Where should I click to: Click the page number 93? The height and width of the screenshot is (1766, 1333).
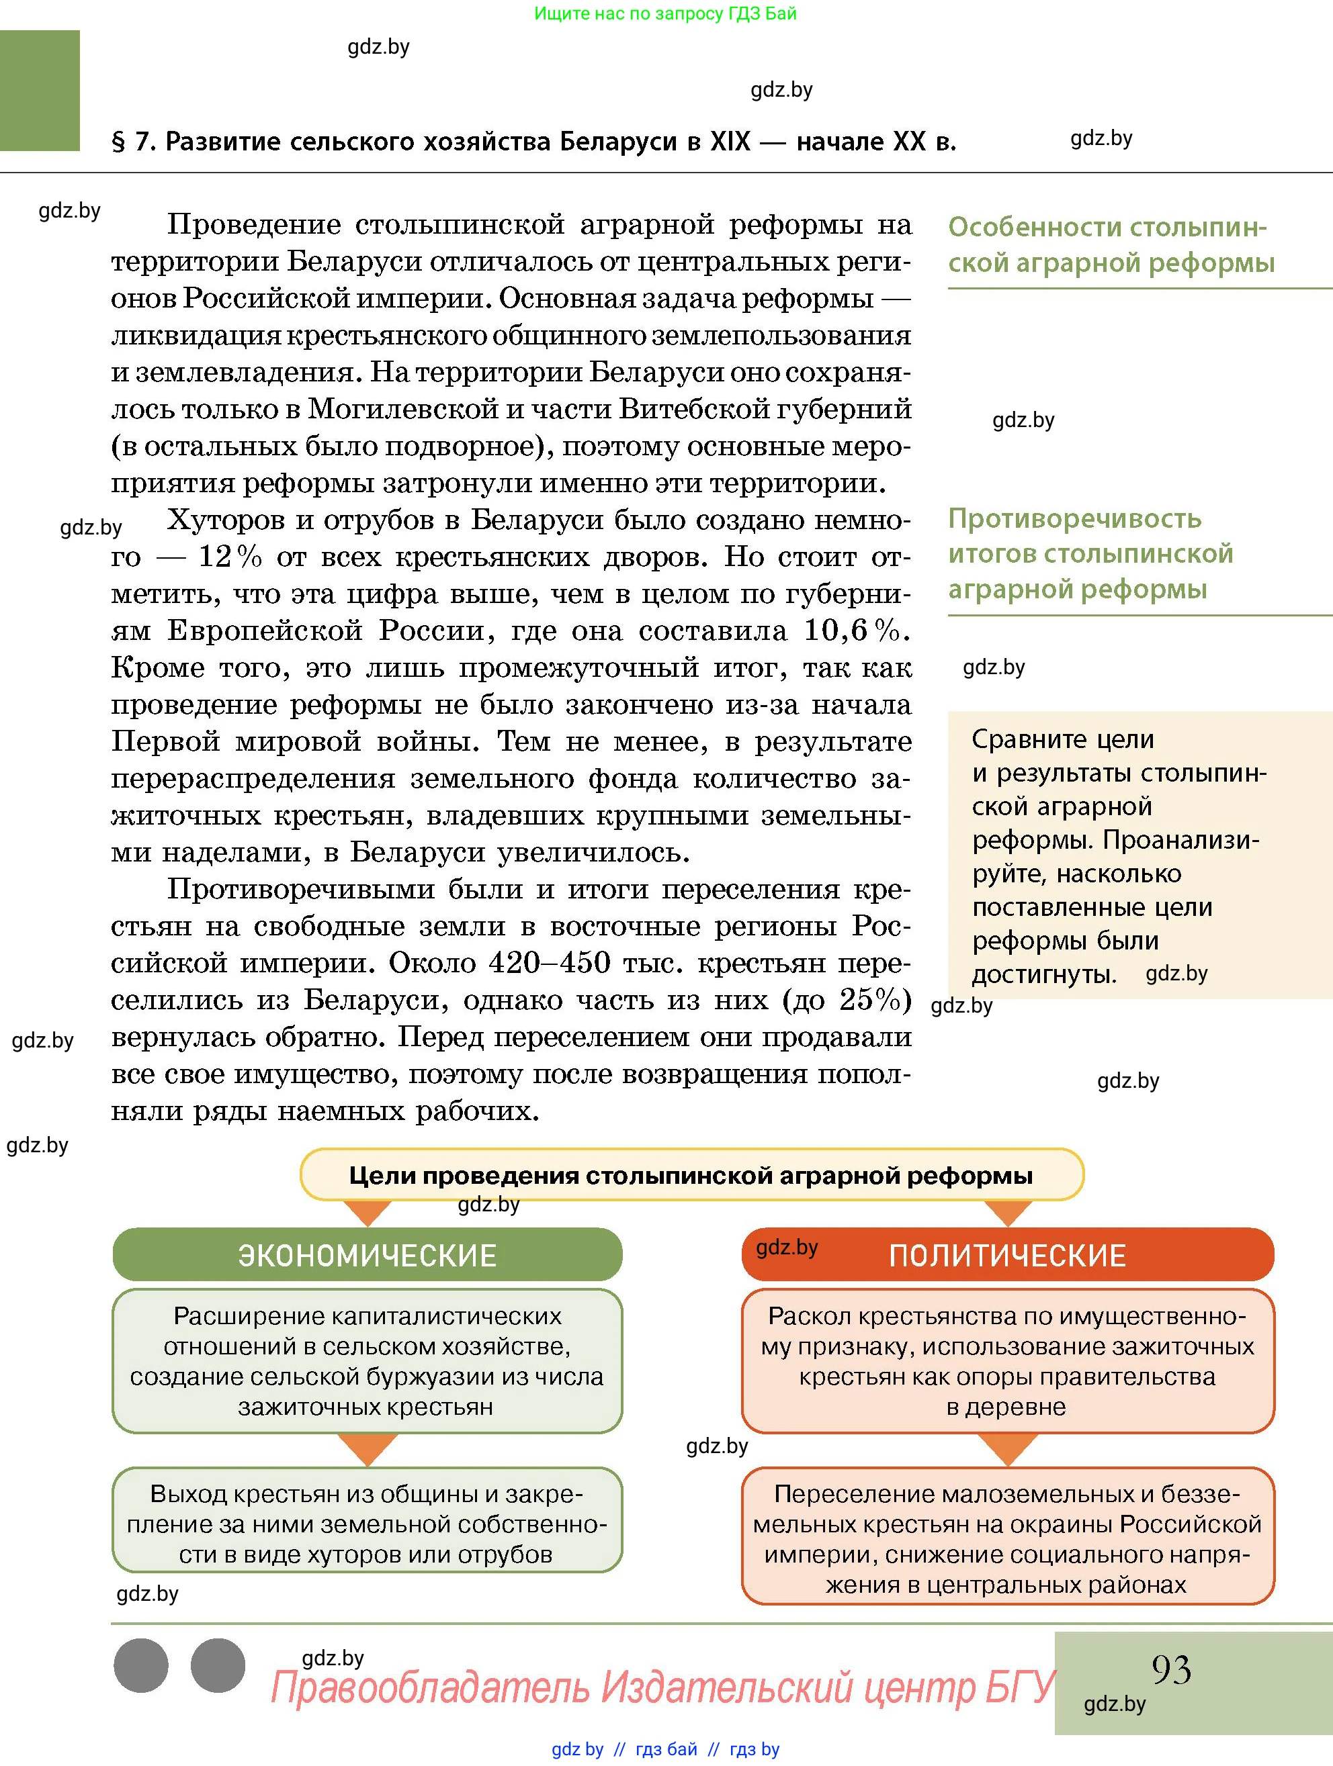[x=1171, y=1669]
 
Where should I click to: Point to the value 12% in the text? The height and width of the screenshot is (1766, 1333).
[x=229, y=557]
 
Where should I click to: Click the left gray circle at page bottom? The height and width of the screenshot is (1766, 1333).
[x=141, y=1665]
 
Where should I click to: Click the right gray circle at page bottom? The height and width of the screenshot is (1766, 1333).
[x=218, y=1665]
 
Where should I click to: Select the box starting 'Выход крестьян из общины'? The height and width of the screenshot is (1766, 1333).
[x=367, y=1524]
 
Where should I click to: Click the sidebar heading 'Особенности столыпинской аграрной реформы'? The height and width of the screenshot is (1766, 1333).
[x=1110, y=245]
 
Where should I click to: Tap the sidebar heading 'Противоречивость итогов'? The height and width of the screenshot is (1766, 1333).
[x=1090, y=553]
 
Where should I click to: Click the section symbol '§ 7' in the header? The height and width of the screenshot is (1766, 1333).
[x=132, y=141]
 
